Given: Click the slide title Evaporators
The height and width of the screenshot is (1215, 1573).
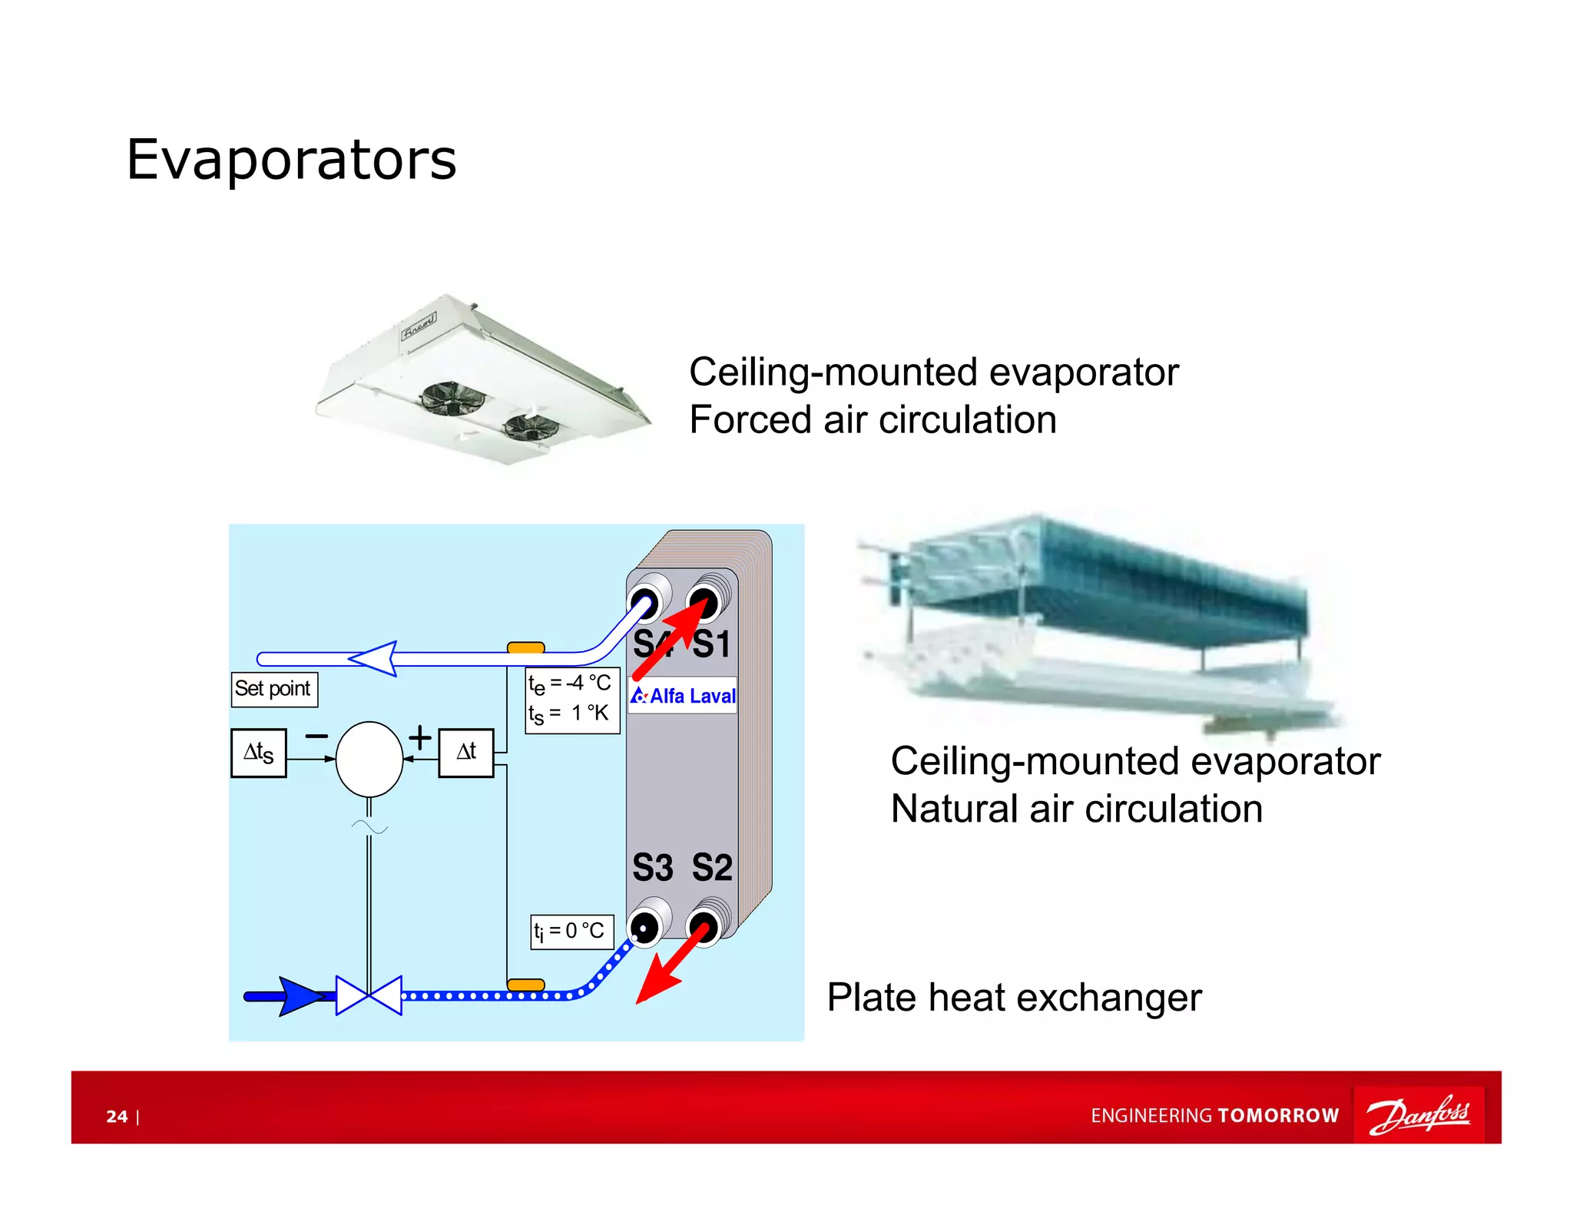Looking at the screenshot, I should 291,160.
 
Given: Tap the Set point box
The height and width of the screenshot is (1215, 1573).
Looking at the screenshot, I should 273,688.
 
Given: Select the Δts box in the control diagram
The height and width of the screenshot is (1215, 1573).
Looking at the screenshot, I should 259,753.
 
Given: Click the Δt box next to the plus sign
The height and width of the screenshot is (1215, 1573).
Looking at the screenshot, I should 466,753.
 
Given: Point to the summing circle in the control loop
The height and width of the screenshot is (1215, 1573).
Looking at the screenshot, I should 369,759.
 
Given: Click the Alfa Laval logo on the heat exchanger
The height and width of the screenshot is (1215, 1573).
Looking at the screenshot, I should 683,696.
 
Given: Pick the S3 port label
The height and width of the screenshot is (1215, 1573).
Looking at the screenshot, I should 652,868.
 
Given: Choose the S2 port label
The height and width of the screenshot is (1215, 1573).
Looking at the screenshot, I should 712,868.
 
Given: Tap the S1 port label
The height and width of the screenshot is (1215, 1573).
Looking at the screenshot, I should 712,644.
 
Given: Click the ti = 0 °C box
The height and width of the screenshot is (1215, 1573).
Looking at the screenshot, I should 571,932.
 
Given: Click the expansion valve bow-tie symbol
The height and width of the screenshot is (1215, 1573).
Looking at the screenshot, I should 369,995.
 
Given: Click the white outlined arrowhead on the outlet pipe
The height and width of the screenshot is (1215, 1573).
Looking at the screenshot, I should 375,658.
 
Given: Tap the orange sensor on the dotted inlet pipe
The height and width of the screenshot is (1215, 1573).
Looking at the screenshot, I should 526,985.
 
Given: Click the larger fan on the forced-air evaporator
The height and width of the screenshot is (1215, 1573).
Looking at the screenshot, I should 452,399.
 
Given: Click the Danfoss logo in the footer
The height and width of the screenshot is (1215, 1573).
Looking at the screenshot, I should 1418,1114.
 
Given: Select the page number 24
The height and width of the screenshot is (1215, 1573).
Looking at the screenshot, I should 117,1116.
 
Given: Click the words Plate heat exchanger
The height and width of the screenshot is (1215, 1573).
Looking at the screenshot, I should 1014,998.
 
